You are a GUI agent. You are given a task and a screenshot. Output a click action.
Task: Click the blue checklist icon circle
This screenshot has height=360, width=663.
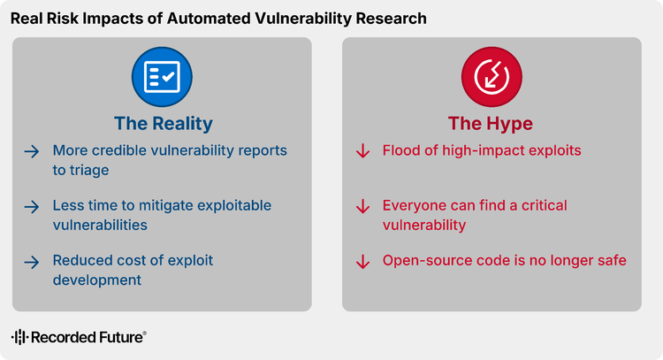point(162,77)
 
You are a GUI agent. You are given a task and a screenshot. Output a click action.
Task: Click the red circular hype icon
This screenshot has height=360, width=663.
point(492,77)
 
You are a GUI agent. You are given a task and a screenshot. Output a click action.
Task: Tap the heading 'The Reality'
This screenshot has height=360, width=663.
point(164,124)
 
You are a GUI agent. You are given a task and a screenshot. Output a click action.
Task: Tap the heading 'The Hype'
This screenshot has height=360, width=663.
point(491,124)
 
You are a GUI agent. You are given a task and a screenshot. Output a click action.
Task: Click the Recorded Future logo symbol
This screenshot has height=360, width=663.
point(19,337)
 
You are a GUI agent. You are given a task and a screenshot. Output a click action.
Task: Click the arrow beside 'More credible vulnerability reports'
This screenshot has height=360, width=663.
point(32,151)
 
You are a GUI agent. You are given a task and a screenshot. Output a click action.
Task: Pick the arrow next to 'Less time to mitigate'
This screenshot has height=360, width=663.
point(32,207)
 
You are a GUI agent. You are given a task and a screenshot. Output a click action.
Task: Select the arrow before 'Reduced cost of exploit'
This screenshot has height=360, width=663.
point(32,263)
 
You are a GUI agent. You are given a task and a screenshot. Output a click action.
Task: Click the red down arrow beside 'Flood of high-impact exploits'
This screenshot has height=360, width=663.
point(362,151)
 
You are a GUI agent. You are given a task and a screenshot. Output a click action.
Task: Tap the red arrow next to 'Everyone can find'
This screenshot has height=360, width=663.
point(362,206)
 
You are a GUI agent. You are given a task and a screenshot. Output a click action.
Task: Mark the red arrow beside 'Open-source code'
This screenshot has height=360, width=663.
point(362,262)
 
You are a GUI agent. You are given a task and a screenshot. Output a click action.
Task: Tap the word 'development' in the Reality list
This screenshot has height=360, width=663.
point(97,280)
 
